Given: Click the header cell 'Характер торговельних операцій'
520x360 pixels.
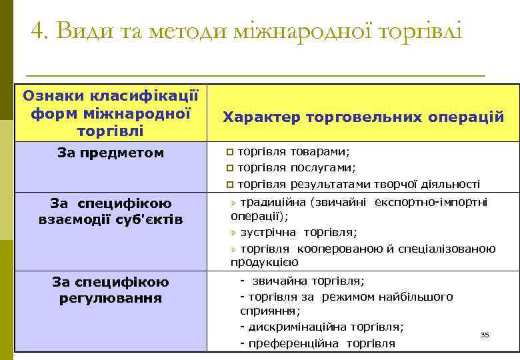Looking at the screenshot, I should [363, 117].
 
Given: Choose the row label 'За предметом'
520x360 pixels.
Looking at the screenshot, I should [111, 153].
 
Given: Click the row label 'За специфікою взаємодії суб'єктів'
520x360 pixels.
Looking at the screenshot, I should [111, 211].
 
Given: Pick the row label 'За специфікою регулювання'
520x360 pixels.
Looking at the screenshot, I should [111, 290].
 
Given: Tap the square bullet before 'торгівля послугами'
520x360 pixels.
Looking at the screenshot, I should [231, 168].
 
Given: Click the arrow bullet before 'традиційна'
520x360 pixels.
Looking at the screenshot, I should [233, 202].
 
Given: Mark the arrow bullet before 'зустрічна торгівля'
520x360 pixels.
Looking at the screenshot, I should [233, 233].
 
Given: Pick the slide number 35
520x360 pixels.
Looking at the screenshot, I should [485, 334].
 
